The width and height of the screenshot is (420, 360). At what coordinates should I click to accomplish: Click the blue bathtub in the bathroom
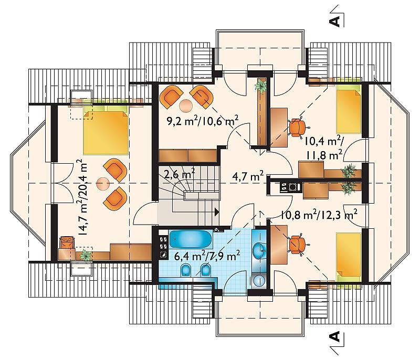tap(191, 239)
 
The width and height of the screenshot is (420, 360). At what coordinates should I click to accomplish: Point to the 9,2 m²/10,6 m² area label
tap(203, 121)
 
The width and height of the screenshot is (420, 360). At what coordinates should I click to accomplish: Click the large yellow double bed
tap(106, 133)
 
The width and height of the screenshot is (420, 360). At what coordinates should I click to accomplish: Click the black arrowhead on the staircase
tap(217, 211)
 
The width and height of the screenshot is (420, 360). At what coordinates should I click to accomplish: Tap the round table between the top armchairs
tap(186, 105)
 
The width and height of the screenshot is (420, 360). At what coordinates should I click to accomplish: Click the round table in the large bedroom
tap(103, 184)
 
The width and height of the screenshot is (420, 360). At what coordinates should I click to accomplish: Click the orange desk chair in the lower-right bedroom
tap(298, 244)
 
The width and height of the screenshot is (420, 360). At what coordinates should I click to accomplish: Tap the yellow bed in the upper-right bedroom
tap(349, 110)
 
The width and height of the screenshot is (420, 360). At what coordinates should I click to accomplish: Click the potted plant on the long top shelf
tap(261, 86)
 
